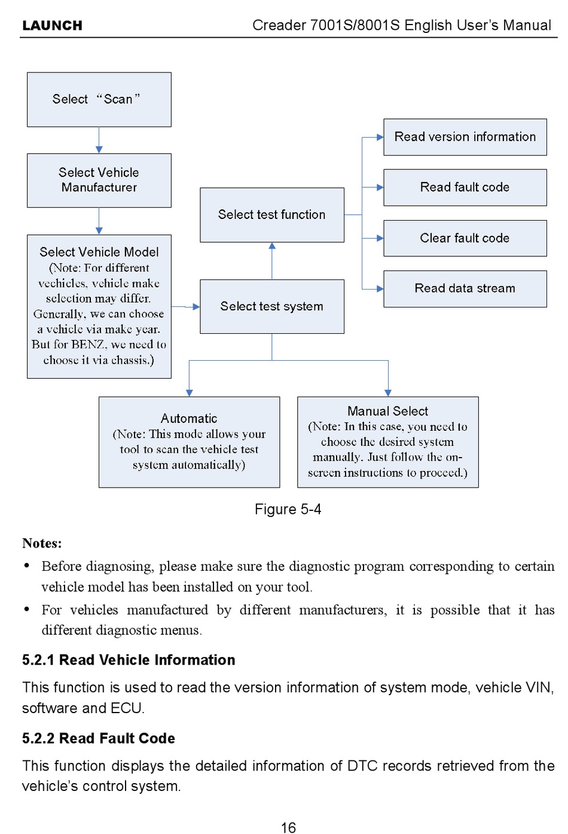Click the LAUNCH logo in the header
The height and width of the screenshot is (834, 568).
(52, 26)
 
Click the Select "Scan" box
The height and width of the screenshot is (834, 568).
(99, 99)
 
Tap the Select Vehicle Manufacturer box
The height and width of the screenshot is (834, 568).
(99, 180)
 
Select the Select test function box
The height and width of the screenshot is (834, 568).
(271, 215)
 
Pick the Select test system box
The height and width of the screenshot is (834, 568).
(271, 306)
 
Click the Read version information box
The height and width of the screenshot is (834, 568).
(465, 137)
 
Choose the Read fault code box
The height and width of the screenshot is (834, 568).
(465, 187)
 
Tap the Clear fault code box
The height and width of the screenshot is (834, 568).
(465, 238)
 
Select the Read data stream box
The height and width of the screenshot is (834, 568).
(465, 288)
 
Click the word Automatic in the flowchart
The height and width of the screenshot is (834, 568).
(189, 419)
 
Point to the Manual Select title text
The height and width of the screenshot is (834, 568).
(387, 411)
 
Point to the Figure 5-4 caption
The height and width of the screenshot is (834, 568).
(288, 509)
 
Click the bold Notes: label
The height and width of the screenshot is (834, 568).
(42, 543)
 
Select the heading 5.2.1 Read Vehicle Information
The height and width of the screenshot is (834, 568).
(129, 660)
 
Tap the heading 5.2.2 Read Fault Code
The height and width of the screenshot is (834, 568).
(99, 738)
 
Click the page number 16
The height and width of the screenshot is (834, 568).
(288, 827)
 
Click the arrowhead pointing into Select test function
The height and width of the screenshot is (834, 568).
(272, 246)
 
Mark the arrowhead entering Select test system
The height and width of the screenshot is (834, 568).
(196, 307)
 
